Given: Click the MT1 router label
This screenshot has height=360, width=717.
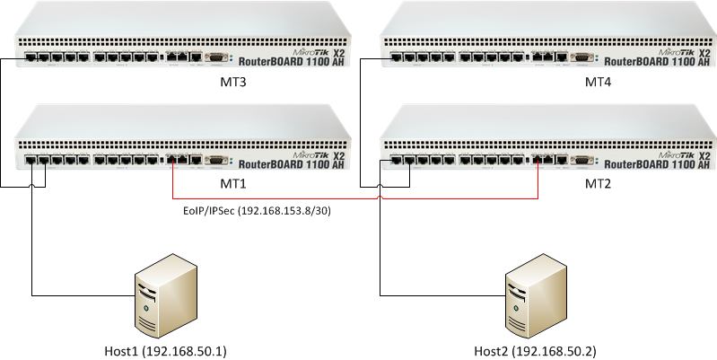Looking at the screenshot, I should [x=232, y=183].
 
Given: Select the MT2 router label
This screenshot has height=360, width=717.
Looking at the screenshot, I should [x=598, y=183].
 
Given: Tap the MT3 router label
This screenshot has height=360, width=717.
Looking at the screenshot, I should [x=232, y=82].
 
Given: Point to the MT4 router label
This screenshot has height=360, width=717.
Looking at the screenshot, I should [x=598, y=82].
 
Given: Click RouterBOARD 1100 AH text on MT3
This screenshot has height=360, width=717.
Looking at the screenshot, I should [x=293, y=63].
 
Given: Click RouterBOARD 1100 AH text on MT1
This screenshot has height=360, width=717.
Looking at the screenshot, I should [x=293, y=164].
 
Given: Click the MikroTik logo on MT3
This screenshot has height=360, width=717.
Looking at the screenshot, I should [x=303, y=52].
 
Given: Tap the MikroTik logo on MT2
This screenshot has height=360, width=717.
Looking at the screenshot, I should [x=669, y=154].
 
